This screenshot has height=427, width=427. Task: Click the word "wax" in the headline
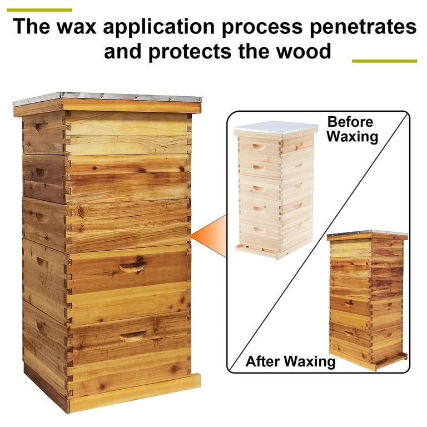pos(77,27)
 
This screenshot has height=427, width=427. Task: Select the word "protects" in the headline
pos(190,52)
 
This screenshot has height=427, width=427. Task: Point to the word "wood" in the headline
pos(304,51)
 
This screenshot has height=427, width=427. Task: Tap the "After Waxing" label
pos(290,361)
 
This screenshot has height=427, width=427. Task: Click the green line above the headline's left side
pos(39,10)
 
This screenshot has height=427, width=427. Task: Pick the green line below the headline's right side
pos(384,61)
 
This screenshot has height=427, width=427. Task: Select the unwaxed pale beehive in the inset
pos(276,190)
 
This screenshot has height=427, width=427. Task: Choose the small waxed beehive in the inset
pos(367,300)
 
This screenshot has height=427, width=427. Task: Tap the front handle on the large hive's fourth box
pos(132,267)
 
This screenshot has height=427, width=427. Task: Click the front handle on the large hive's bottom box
pos(133,336)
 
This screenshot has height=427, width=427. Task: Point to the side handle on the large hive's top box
pos(41,127)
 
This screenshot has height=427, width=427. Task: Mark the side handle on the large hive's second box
pos(42,173)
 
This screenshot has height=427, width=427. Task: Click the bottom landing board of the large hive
pos(134,393)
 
